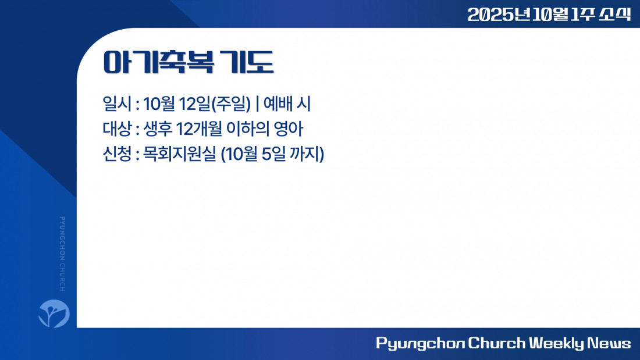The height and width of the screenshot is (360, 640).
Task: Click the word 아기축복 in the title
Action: [159, 62]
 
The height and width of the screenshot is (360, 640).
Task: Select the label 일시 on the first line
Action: [117, 104]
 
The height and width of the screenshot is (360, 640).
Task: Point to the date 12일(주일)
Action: [215, 104]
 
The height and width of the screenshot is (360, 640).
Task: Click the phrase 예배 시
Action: [287, 104]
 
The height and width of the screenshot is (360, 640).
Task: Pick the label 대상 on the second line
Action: [117, 129]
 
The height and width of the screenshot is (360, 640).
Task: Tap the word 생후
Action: [158, 129]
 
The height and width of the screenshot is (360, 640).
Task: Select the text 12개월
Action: [199, 129]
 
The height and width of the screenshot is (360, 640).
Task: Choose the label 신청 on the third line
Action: [117, 154]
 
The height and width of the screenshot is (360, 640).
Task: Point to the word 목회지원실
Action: [179, 154]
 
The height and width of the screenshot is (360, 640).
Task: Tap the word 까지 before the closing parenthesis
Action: [304, 154]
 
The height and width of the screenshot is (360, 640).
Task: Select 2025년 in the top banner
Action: [499, 15]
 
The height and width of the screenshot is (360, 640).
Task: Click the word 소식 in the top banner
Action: [615, 15]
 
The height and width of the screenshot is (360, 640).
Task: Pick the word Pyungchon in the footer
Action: [420, 343]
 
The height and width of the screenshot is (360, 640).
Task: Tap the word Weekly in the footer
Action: [556, 343]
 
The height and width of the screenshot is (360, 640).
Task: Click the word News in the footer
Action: [609, 343]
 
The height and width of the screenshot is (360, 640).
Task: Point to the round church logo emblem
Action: [54, 313]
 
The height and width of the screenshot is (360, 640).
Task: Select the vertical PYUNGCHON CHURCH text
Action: [62, 254]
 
